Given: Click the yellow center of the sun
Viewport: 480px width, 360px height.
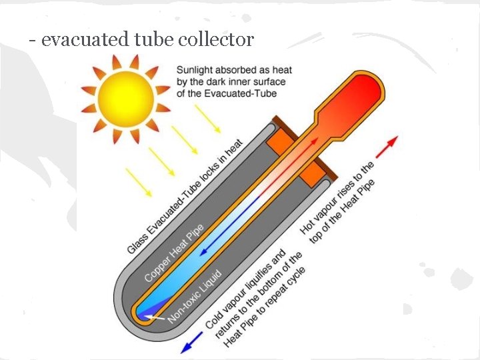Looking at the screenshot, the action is coord(122,99).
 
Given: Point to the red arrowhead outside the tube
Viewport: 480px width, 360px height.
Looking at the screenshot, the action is coord(392,141).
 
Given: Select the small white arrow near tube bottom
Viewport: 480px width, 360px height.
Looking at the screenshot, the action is coord(155,317).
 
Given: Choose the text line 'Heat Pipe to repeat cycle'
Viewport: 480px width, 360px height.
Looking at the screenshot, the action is coord(265,308).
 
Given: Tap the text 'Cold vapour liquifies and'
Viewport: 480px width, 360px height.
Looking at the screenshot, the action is coord(246,288).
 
